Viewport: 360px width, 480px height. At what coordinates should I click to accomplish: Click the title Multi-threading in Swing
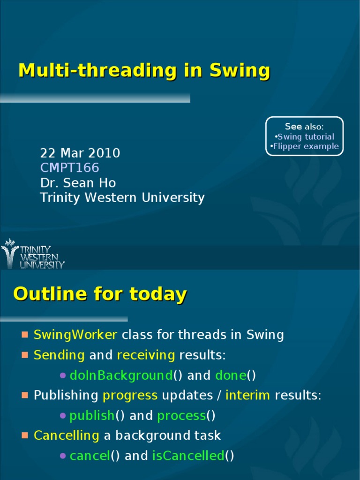click(144, 71)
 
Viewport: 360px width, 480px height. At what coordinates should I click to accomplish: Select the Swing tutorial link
click(306, 137)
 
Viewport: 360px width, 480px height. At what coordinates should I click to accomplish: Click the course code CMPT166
click(70, 168)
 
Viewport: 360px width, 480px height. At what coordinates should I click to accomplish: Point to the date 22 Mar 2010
click(80, 153)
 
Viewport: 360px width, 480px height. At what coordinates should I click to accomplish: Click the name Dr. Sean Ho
click(78, 183)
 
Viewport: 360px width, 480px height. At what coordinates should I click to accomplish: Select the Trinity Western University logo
click(33, 255)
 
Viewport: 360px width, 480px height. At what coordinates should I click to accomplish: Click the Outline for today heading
click(100, 294)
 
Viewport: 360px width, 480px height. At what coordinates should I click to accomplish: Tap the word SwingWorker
click(75, 335)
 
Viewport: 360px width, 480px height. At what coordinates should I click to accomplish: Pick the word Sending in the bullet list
click(59, 355)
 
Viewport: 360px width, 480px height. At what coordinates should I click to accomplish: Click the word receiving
click(146, 355)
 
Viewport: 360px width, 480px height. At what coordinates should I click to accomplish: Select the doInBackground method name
click(121, 375)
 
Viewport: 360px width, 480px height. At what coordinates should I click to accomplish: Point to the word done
click(231, 375)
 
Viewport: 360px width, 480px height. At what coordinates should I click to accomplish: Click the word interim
click(247, 395)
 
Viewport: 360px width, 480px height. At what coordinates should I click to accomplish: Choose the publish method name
click(92, 415)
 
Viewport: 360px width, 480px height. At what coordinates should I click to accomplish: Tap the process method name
click(181, 415)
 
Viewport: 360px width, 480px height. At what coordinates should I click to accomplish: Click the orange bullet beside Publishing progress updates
click(25, 395)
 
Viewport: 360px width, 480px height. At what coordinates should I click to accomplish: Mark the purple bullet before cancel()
click(63, 456)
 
